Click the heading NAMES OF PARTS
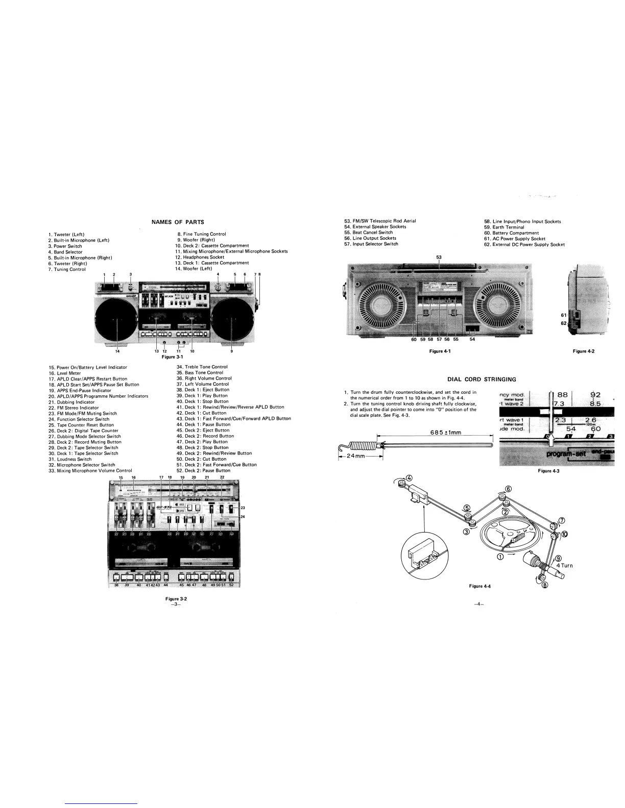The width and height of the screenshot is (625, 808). (x=178, y=222)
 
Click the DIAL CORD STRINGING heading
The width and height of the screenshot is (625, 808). (x=482, y=379)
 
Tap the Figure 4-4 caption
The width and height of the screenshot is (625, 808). (x=479, y=586)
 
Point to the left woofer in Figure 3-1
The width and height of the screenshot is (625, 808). (x=116, y=319)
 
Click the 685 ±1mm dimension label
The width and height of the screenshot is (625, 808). (x=446, y=433)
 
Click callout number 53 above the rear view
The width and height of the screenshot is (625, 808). (x=439, y=257)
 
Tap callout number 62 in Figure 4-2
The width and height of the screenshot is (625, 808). (x=563, y=323)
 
